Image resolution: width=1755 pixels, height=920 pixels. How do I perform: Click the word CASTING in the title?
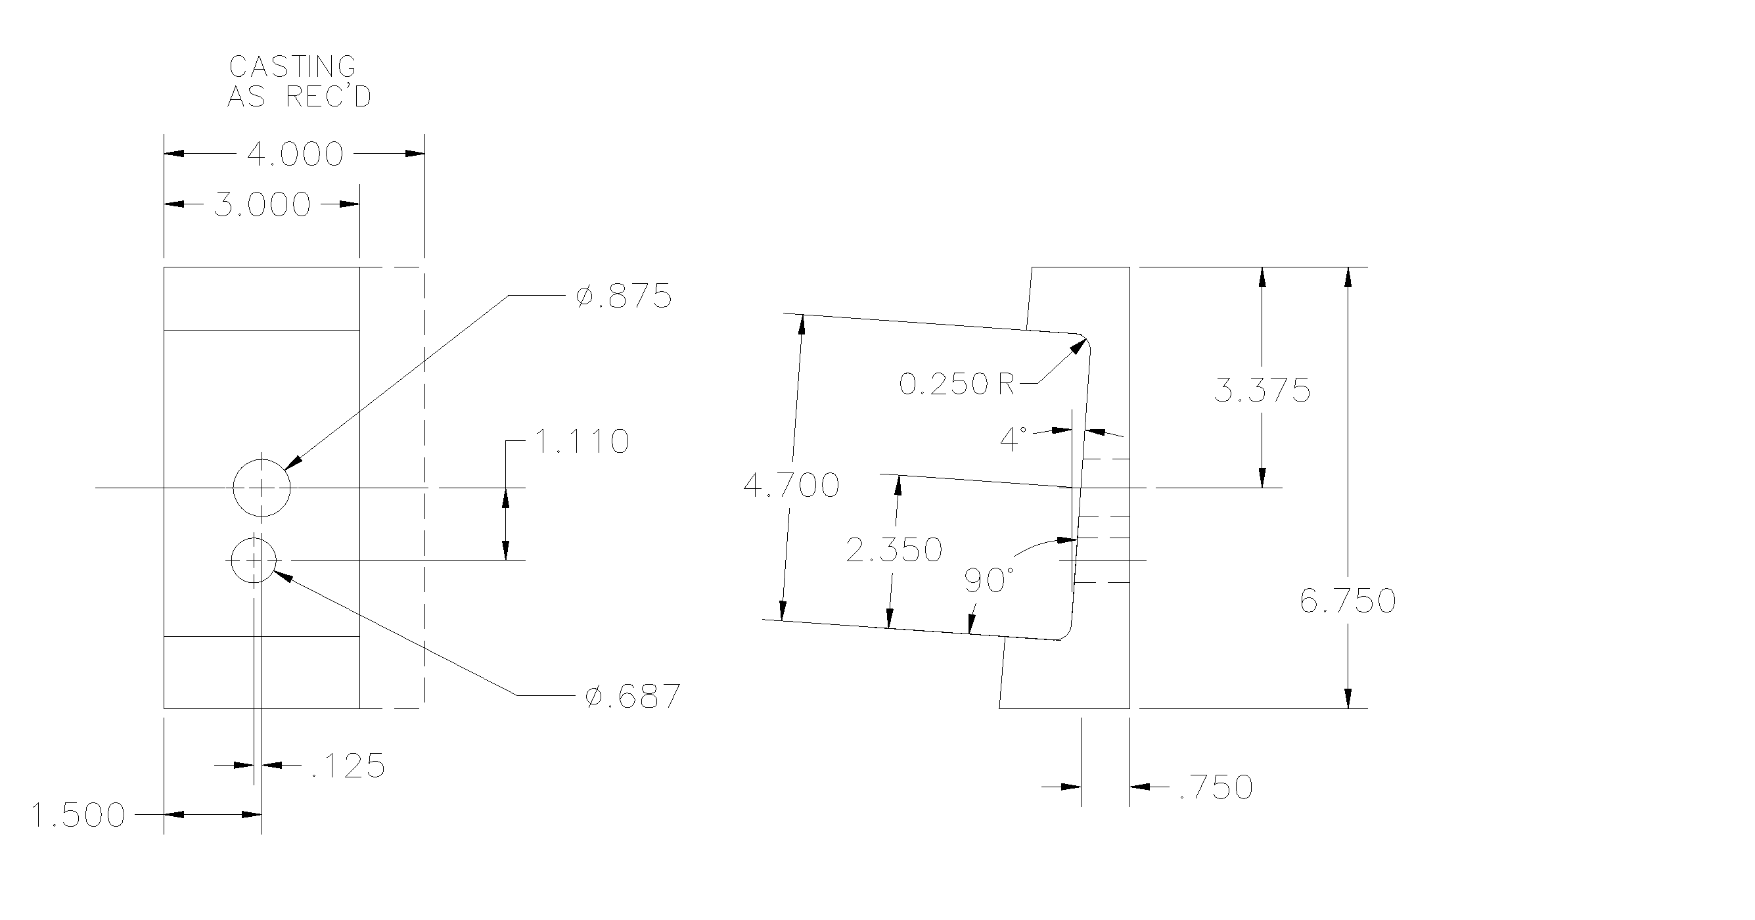point(292,67)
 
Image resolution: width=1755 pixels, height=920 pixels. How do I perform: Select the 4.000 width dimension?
point(295,154)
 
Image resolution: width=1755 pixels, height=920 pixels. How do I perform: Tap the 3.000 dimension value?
point(262,204)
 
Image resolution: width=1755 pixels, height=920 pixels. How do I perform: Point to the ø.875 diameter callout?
point(624,296)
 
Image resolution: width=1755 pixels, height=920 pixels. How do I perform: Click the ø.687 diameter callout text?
point(633,697)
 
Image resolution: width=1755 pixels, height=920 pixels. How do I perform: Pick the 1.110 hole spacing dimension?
point(581,442)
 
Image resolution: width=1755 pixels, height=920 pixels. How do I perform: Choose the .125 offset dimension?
point(348,766)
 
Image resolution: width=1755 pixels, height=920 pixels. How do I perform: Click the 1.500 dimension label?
point(79,816)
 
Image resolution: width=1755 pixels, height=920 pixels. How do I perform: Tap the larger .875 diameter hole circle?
point(262,459)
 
